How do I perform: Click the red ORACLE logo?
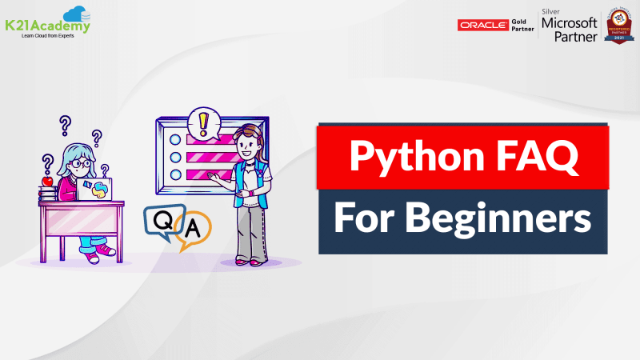pos(482,25)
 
